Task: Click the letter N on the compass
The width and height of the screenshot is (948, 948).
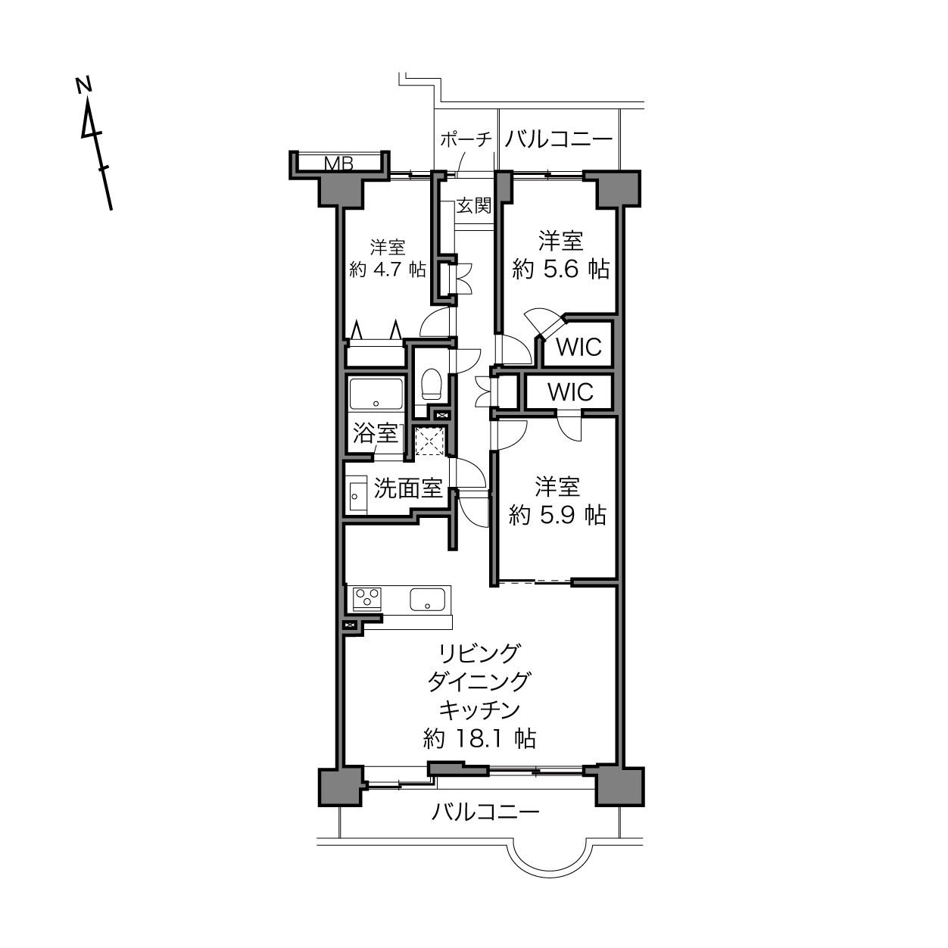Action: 84,85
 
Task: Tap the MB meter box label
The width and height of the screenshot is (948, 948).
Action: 339,164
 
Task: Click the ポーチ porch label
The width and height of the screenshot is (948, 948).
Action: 466,140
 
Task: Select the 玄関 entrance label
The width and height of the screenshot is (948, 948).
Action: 474,205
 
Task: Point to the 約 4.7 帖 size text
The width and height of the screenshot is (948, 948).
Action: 388,270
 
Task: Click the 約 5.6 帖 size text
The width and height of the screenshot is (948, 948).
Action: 561,269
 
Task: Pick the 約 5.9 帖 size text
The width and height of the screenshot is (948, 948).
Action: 557,515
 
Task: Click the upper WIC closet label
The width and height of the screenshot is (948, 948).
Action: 578,347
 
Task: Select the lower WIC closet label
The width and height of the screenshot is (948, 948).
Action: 570,392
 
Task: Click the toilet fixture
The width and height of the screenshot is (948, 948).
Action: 432,384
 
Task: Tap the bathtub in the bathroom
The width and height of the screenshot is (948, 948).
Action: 376,394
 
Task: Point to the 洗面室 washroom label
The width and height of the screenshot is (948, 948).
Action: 408,488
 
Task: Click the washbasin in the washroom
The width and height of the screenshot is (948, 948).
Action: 355,494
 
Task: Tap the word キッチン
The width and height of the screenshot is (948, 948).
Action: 479,710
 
